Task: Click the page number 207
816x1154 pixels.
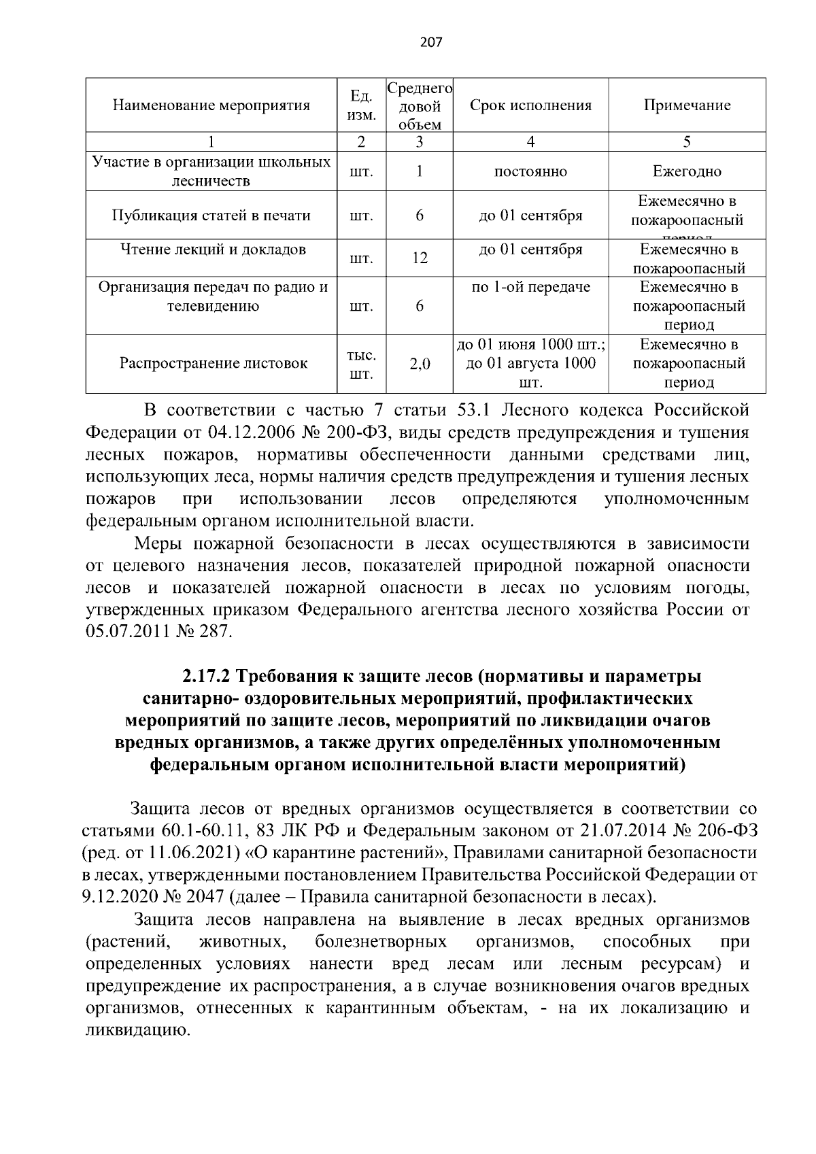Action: point(431,42)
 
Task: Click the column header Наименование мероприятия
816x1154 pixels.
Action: point(211,105)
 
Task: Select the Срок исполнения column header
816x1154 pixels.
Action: point(530,105)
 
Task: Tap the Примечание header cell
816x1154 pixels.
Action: point(687,105)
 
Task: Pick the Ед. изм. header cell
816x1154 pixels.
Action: point(361,106)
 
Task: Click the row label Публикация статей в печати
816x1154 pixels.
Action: point(211,216)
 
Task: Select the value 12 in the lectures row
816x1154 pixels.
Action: point(420,258)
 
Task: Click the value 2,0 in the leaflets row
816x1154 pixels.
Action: point(420,364)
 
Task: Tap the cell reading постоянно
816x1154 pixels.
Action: point(530,172)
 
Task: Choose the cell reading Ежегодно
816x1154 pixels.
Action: point(687,172)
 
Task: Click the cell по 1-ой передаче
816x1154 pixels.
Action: point(530,288)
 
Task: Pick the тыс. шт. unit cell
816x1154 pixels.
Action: point(361,364)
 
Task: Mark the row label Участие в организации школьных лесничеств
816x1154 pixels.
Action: point(211,171)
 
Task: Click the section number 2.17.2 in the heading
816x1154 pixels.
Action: point(207,677)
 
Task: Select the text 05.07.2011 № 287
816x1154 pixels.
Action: point(159,632)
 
